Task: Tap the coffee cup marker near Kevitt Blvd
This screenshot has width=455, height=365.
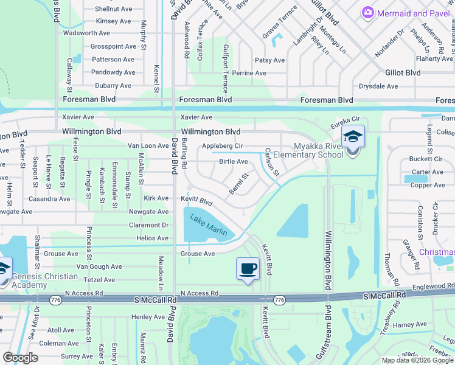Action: click(x=248, y=268)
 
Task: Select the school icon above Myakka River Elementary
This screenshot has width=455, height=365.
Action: click(x=352, y=137)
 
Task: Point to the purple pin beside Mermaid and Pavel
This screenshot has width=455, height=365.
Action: click(x=367, y=12)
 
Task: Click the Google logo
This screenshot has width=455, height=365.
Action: click(x=21, y=358)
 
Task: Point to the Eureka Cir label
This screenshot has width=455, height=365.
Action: click(x=346, y=122)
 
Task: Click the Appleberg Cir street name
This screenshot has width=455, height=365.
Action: click(x=222, y=146)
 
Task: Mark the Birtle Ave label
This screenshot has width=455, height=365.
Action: click(x=234, y=162)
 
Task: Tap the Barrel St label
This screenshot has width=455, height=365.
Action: click(x=239, y=184)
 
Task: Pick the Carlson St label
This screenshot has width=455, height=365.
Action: click(x=272, y=162)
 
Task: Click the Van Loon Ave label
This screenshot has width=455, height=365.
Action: click(x=148, y=146)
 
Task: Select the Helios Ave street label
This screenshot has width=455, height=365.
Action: click(x=153, y=238)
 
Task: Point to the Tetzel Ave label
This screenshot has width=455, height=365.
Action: click(x=100, y=280)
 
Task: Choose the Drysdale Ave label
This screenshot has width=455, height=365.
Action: click(x=378, y=86)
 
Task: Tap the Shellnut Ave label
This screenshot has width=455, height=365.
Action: click(x=115, y=9)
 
